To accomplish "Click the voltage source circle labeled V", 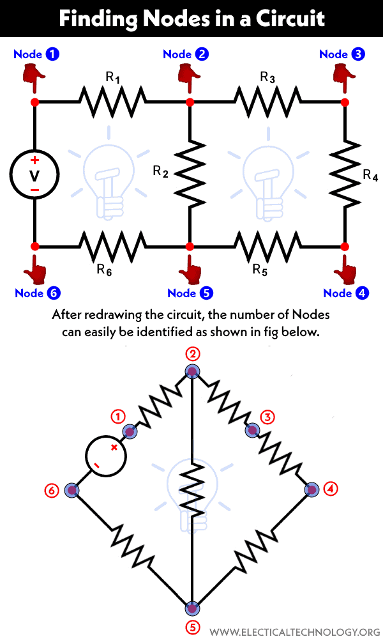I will (34, 174).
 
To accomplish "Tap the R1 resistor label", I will (112, 78).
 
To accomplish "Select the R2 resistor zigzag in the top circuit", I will (190, 172).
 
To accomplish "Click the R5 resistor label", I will (259, 269).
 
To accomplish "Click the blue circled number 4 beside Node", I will (362, 293).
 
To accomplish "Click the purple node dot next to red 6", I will (72, 491).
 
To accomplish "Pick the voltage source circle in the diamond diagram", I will (105, 456).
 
